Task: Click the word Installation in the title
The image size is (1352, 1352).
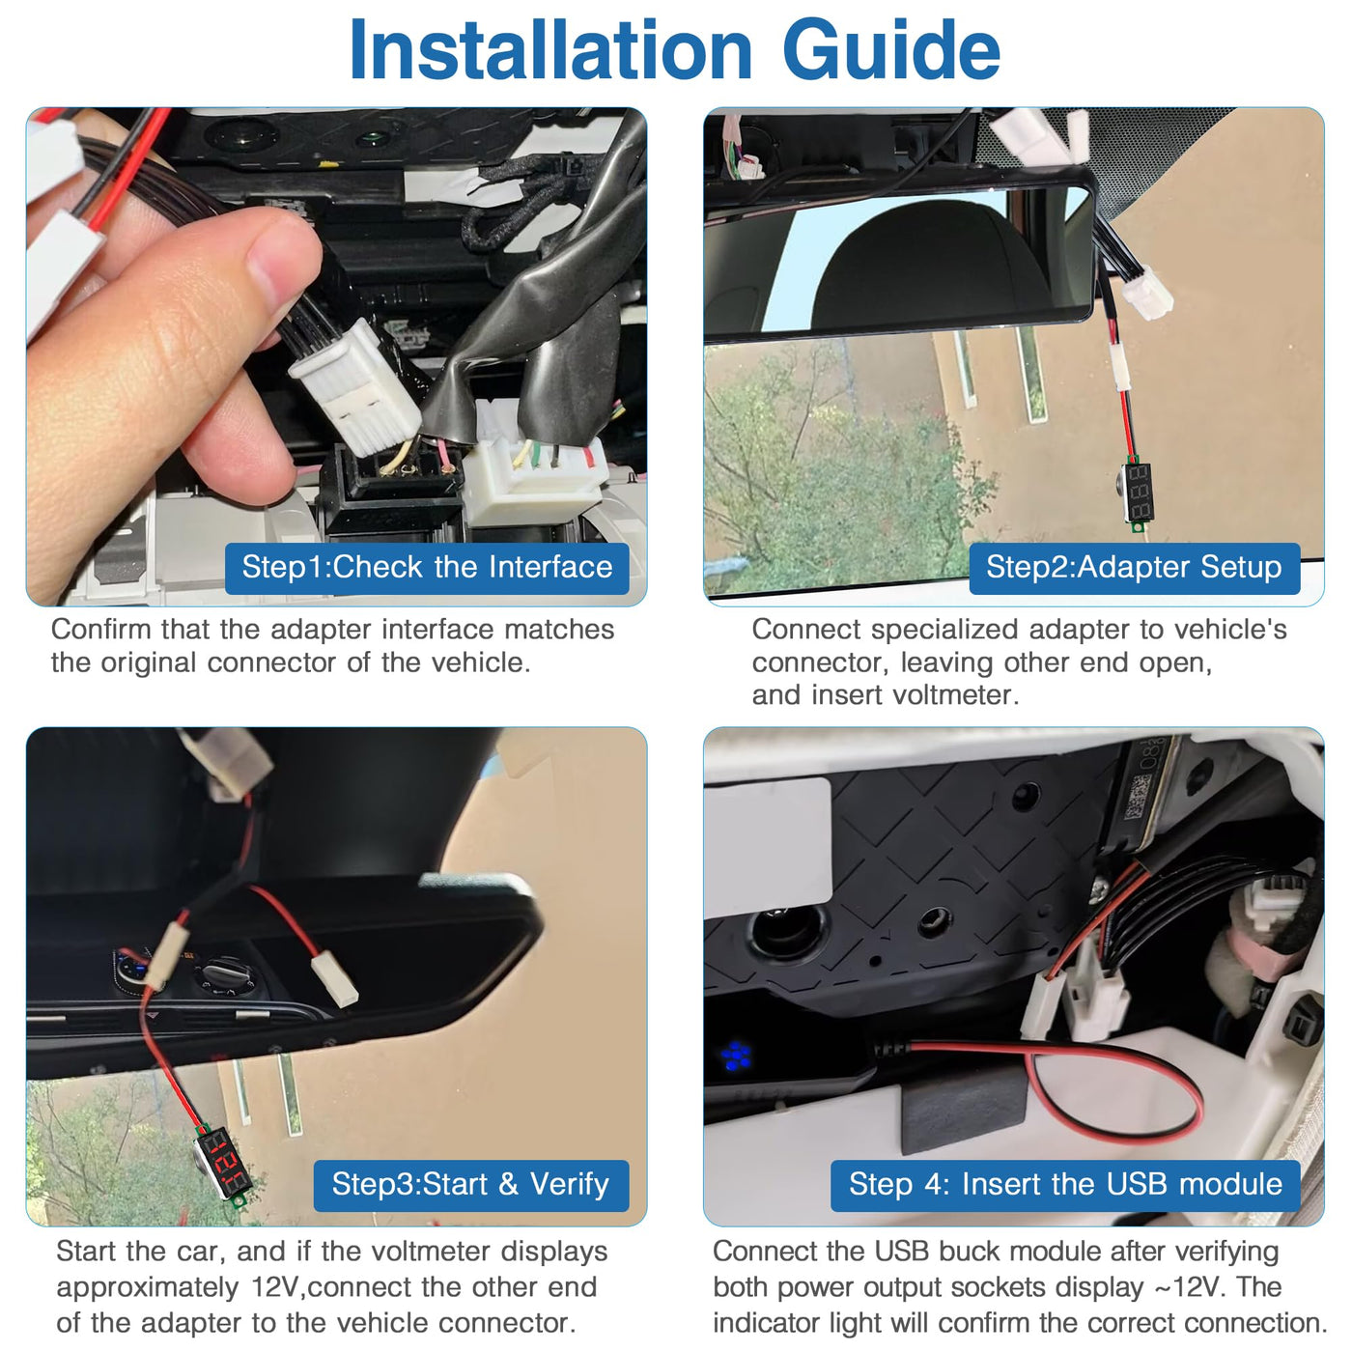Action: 550,49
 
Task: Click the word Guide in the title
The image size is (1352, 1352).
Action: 891,49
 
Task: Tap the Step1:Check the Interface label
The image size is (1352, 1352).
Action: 427,567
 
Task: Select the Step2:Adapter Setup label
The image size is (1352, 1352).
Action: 1134,567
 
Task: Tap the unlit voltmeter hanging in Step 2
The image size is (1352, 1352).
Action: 1138,492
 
